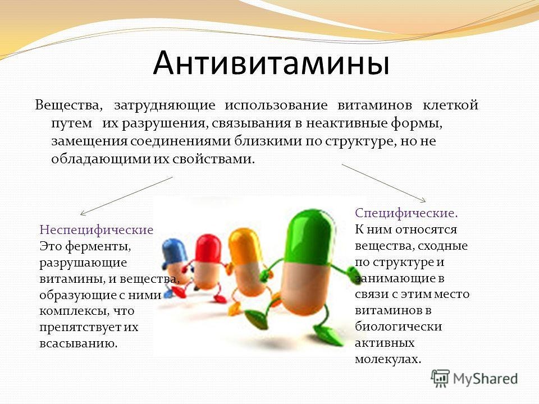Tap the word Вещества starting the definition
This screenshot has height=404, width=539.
(x=68, y=105)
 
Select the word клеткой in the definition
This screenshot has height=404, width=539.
(x=450, y=104)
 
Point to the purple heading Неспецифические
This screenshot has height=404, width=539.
(x=96, y=229)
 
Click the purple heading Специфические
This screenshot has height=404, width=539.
(x=406, y=213)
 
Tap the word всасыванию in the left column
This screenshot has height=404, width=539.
(x=79, y=343)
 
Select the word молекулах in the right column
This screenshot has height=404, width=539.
(x=388, y=359)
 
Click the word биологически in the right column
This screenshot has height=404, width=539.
(x=399, y=327)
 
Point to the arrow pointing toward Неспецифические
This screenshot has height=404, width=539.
(x=126, y=196)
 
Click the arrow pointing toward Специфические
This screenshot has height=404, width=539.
(x=383, y=183)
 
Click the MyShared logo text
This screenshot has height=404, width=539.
(x=485, y=379)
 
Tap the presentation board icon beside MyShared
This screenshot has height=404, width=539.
(x=440, y=379)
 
